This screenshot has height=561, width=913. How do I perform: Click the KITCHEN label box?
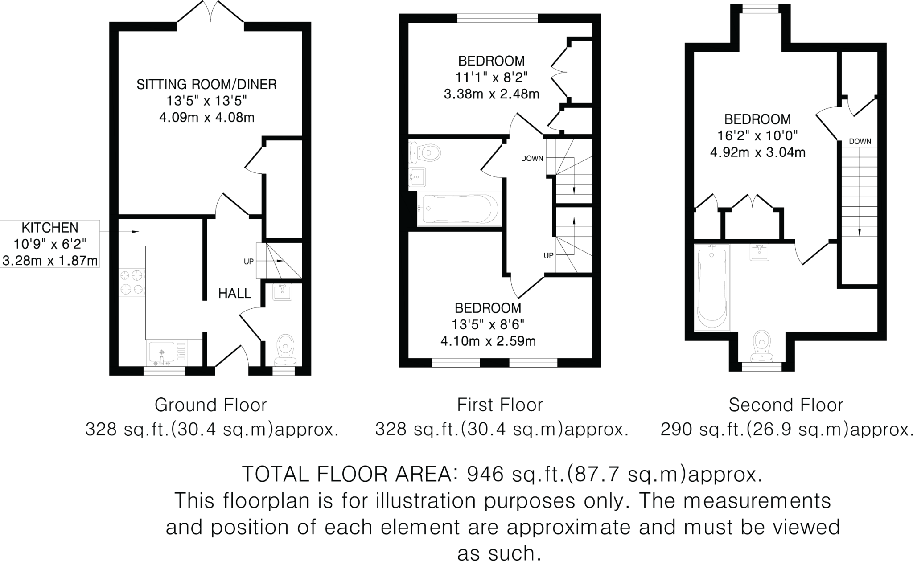[50, 244]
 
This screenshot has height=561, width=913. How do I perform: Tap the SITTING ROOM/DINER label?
[206, 84]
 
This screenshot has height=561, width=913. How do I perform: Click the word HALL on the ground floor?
[235, 294]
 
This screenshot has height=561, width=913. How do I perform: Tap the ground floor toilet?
[284, 351]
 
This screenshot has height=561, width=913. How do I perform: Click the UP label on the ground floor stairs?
[249, 262]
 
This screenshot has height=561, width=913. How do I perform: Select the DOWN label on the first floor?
[532, 158]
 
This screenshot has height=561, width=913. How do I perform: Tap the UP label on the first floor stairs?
[548, 255]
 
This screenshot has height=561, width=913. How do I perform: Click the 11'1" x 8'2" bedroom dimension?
[491, 78]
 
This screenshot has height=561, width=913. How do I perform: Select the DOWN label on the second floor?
[860, 142]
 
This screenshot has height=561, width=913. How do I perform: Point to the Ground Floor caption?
[210, 405]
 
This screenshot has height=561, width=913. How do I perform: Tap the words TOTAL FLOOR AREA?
[343, 475]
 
